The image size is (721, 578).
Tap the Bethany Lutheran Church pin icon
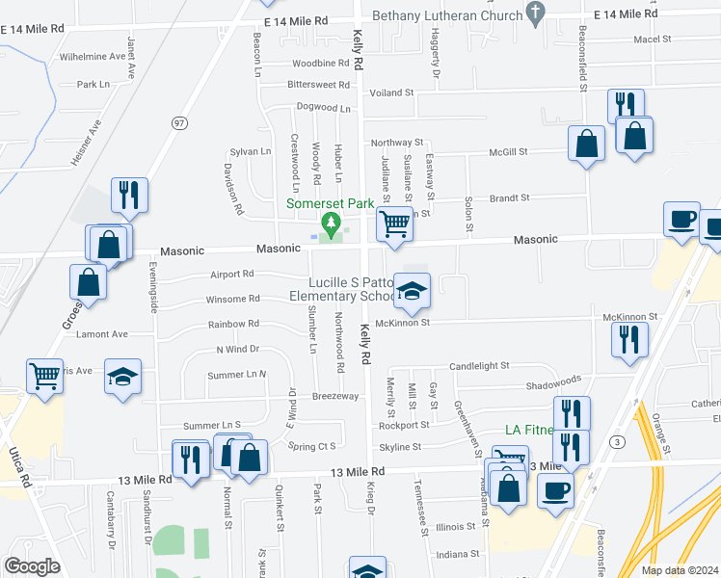tap(537, 13)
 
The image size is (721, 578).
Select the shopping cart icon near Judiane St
tap(394, 223)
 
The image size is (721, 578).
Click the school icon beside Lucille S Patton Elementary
tap(412, 291)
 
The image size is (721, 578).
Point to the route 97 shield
tap(179, 122)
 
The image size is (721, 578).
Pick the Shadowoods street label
tap(554, 381)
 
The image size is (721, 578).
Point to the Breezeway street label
tap(334, 396)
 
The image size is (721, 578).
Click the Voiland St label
tap(393, 92)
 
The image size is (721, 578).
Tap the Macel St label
tap(653, 39)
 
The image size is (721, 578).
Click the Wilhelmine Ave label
tap(93, 57)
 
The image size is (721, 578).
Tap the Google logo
tap(32, 566)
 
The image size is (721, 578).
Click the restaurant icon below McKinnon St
tap(629, 339)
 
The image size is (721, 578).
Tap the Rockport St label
tap(404, 425)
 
